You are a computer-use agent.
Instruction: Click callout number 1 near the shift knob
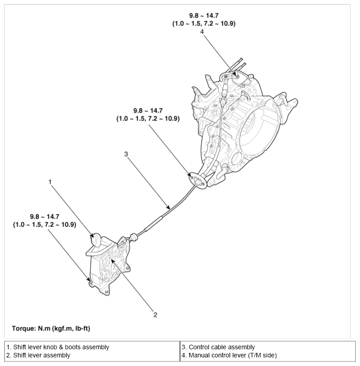tap(51, 182)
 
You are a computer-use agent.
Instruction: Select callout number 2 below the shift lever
tap(155, 314)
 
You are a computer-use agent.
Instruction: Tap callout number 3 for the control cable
tap(126, 154)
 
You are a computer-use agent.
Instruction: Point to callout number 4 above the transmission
tap(202, 31)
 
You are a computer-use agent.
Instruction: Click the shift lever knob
tap(97, 238)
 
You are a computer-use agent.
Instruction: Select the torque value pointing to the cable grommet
tap(148, 114)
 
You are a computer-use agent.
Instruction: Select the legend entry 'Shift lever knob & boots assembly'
tap(58, 347)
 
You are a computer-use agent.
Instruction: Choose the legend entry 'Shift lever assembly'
tap(38, 355)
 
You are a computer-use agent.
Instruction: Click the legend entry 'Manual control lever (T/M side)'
tap(229, 355)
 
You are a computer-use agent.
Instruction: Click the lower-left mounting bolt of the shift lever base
tap(91, 283)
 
